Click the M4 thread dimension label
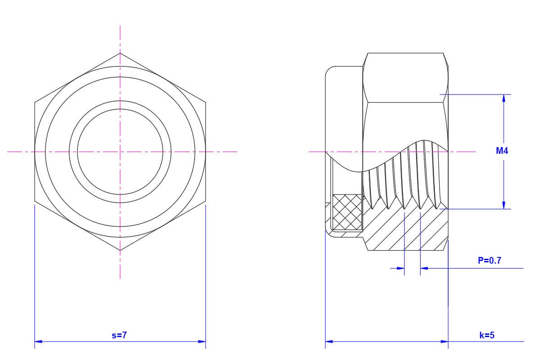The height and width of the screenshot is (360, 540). [502, 151]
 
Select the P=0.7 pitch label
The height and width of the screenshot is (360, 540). [490, 261]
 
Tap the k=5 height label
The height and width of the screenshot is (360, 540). [487, 335]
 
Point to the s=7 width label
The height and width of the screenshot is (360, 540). [119, 335]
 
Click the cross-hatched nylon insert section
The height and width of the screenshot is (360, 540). [347, 212]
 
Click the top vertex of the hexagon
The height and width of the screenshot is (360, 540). [120, 53]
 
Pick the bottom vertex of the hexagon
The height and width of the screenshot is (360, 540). [120, 250]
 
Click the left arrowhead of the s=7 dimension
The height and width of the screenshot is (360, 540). [38, 342]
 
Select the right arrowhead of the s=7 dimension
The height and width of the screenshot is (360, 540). [202, 342]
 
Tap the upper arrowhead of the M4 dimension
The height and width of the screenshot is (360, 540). [504, 98]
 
